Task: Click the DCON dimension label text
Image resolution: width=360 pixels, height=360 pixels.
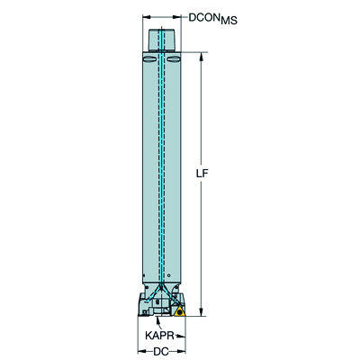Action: pyautogui.click(x=203, y=18)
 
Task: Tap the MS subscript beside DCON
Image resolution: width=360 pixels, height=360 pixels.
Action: pyautogui.click(x=229, y=21)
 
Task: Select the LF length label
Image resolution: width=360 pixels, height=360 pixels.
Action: pyautogui.click(x=202, y=174)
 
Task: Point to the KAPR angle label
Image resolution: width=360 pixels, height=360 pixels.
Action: pyautogui.click(x=159, y=336)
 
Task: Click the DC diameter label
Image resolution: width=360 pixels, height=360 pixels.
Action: pyautogui.click(x=161, y=351)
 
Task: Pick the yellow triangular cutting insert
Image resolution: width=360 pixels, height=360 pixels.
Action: pyautogui.click(x=179, y=311)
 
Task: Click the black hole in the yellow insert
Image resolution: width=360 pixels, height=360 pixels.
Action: pyautogui.click(x=179, y=312)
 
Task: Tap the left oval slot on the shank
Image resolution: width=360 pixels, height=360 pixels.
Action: pyautogui.click(x=149, y=60)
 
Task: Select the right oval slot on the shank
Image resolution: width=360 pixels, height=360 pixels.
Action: pyautogui.click(x=174, y=60)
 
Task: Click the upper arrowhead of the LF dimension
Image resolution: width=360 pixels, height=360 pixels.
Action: pyautogui.click(x=202, y=57)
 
